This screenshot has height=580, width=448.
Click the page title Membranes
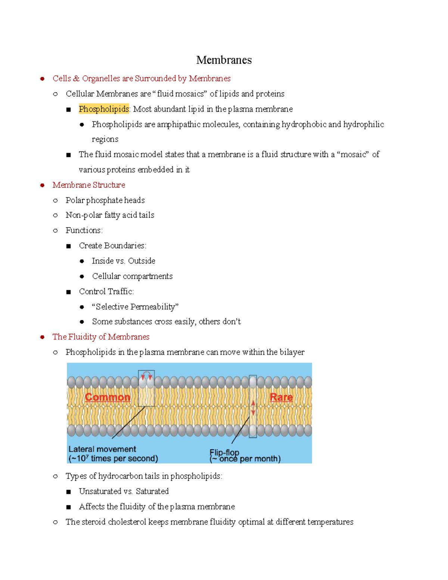click(x=224, y=60)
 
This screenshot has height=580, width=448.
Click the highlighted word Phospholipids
click(x=104, y=109)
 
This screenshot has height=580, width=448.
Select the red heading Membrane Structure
click(x=89, y=185)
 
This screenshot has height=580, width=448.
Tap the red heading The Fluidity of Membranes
click(x=101, y=337)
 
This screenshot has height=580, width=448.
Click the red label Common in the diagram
click(x=108, y=397)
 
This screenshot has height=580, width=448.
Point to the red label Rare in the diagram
click(x=281, y=397)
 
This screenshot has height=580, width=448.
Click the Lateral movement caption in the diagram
click(x=102, y=449)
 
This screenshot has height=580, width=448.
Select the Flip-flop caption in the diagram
click(x=224, y=452)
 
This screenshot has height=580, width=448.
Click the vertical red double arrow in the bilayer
click(x=253, y=408)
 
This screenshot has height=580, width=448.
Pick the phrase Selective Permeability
click(x=135, y=307)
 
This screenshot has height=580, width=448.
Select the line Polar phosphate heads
click(x=105, y=200)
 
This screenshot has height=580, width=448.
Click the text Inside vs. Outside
click(x=124, y=261)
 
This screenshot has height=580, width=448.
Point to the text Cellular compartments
click(x=132, y=276)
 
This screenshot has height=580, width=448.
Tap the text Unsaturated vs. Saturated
click(x=124, y=491)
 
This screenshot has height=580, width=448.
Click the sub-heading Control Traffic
click(x=106, y=291)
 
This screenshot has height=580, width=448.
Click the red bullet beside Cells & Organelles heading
click(x=43, y=78)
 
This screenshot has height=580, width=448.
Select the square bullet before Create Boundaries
click(x=68, y=246)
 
